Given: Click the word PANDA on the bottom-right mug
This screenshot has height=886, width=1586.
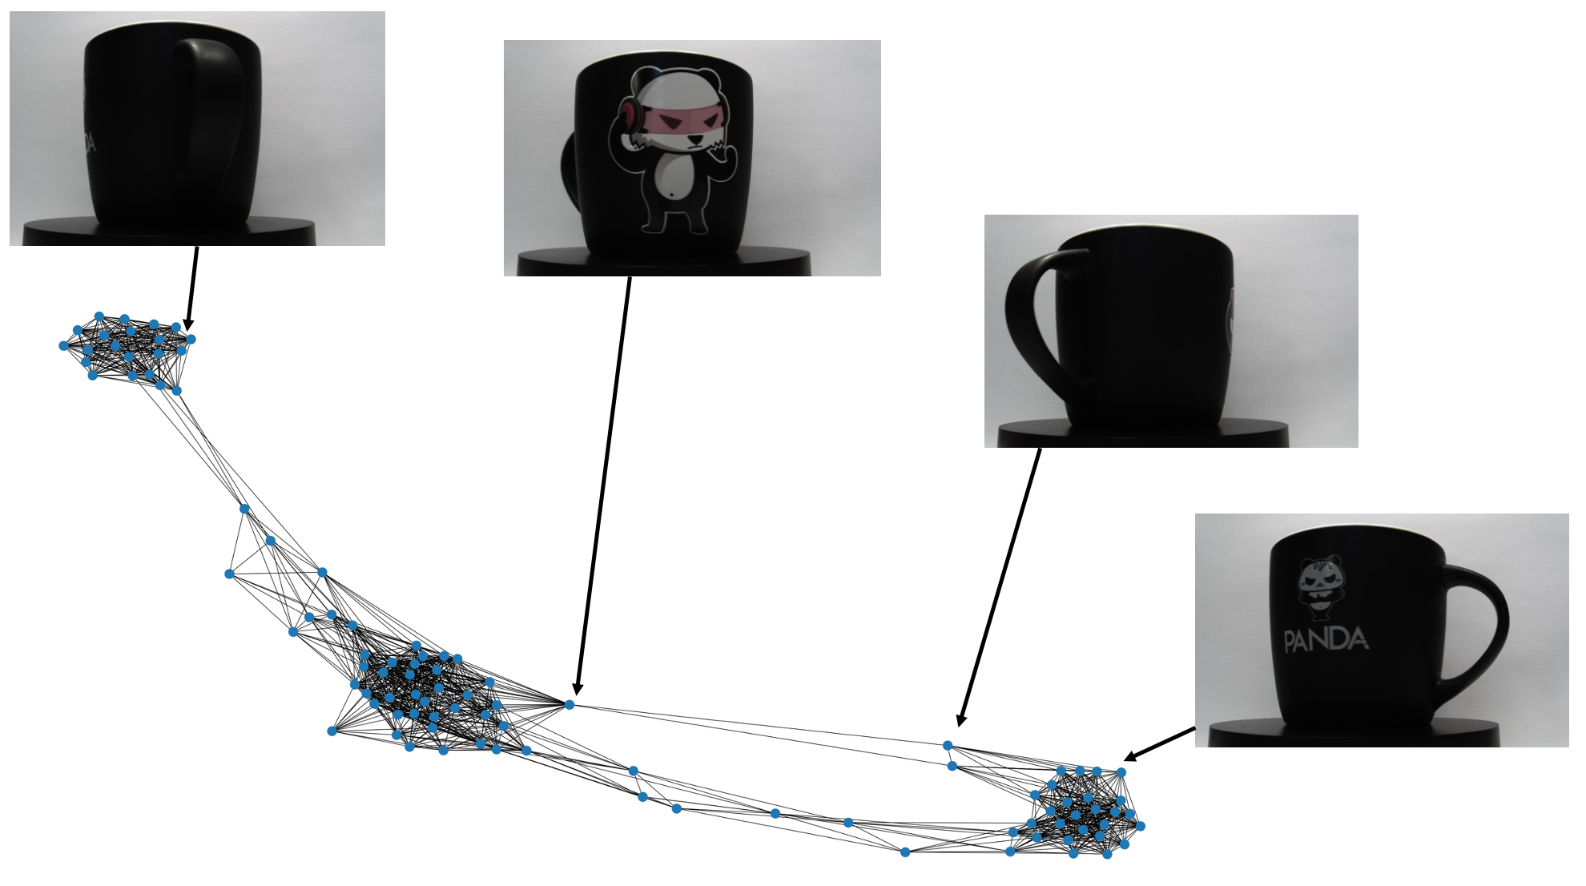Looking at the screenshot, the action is pos(1325,640).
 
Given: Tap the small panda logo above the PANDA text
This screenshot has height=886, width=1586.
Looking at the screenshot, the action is pos(1319,588).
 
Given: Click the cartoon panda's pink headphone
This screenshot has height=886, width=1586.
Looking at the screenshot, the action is pos(627,117).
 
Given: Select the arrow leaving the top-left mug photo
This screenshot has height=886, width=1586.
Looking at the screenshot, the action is pos(192,288).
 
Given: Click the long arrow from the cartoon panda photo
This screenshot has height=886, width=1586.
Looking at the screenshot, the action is pos(603,485).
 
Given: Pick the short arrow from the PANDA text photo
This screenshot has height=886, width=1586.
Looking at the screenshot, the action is pos(1159,744).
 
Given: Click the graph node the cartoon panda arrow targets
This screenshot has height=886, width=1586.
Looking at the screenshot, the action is pos(570,704).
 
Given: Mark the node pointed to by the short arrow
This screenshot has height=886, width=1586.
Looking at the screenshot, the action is pos(1121,772).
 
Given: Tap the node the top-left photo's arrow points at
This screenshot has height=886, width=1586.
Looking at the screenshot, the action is pos(191,339).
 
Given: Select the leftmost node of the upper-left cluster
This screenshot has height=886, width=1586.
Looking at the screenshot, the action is pos(63,346).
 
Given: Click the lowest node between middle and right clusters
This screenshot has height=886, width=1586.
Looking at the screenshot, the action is pos(905,852).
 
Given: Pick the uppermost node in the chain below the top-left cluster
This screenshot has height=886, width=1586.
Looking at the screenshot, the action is pos(244,509).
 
